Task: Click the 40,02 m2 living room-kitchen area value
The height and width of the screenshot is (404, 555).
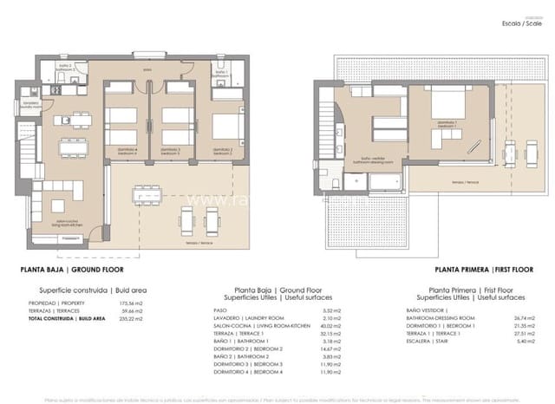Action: click(326, 326)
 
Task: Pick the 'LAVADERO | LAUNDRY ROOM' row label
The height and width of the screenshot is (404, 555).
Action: click(245, 318)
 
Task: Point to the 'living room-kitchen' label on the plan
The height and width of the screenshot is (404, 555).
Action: click(68, 222)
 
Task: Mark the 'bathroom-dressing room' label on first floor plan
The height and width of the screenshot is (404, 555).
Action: click(366, 160)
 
